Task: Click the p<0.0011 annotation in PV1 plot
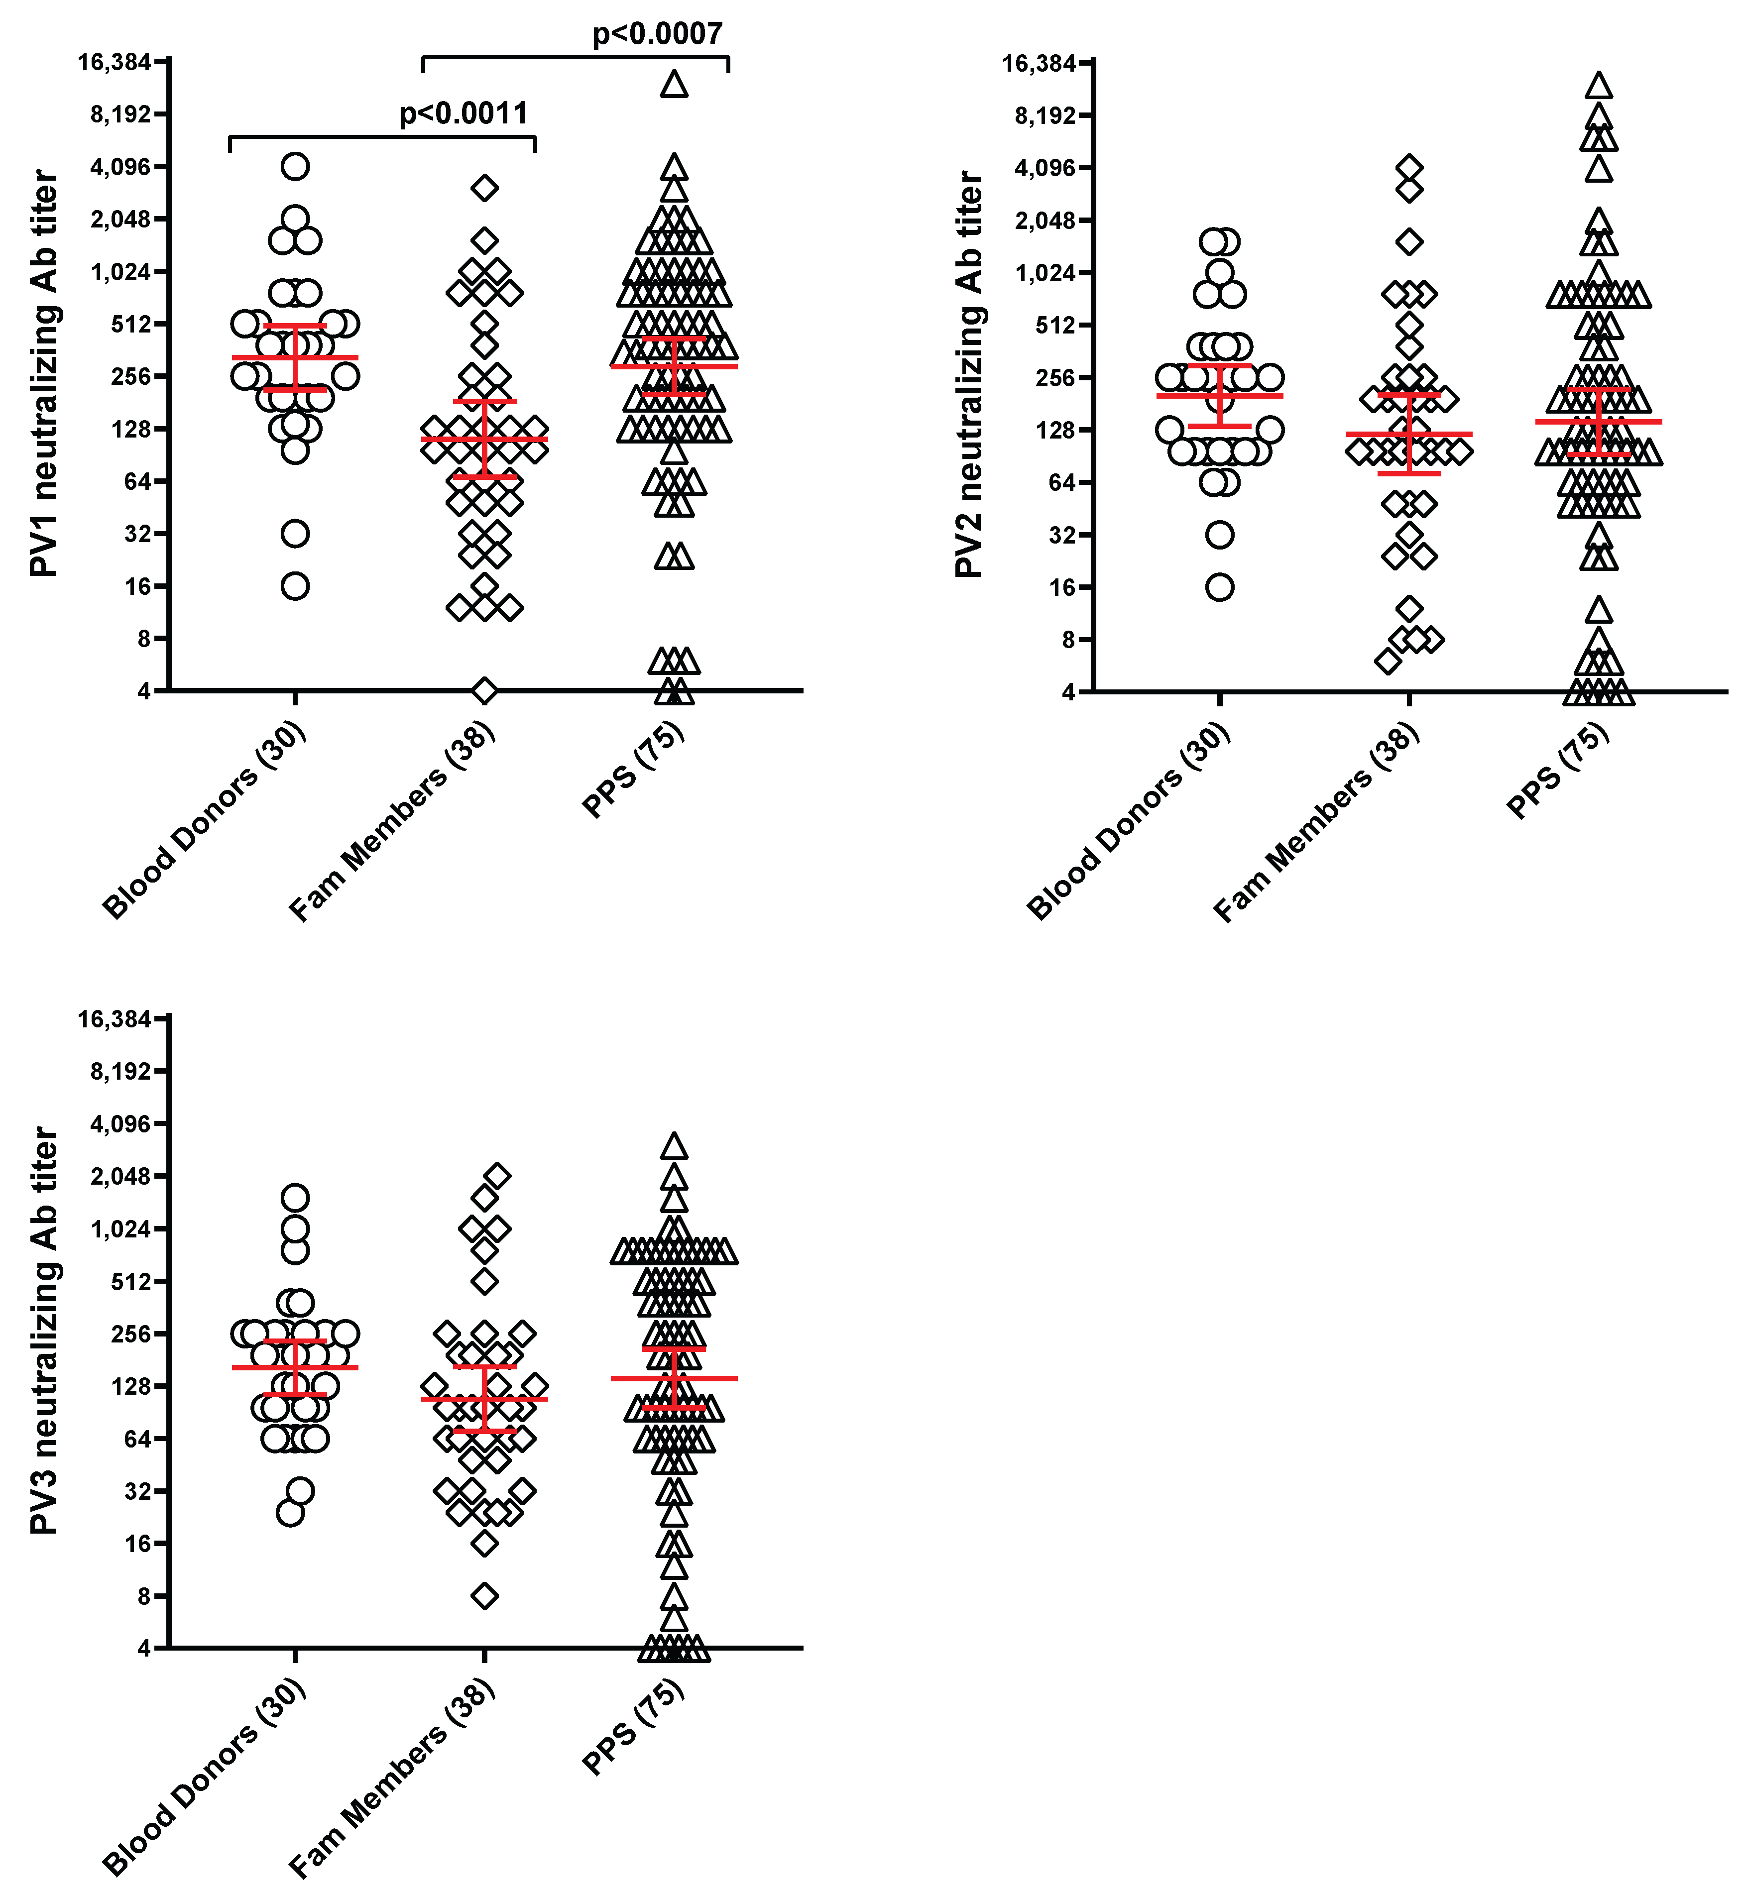click(x=464, y=114)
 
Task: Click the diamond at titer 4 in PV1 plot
click(x=484, y=690)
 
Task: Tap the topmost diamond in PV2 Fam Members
click(x=1409, y=169)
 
